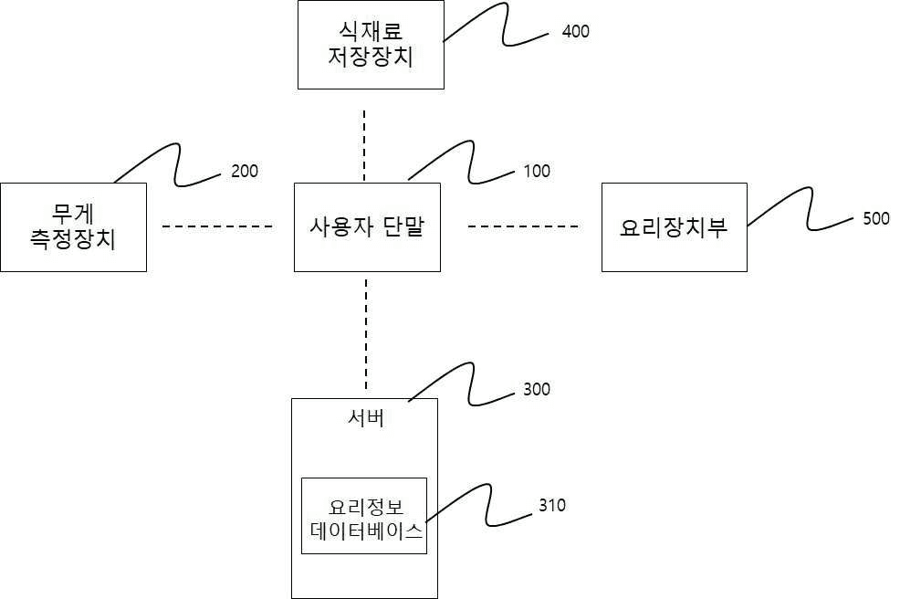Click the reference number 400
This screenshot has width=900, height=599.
[575, 32]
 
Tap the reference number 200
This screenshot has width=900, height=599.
[244, 171]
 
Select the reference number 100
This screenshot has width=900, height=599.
[537, 171]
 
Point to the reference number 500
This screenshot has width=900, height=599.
[875, 219]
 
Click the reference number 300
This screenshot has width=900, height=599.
[537, 390]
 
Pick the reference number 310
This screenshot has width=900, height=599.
[551, 505]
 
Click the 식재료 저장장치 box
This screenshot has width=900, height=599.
[371, 45]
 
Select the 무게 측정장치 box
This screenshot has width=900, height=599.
[73, 227]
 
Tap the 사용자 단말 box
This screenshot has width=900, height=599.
[367, 227]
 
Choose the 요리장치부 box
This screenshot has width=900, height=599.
[674, 227]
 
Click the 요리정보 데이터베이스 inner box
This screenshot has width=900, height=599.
[364, 516]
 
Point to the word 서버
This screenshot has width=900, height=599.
[365, 419]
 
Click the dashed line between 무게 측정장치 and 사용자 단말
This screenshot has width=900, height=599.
[218, 226]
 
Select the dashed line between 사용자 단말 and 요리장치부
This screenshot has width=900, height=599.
[523, 226]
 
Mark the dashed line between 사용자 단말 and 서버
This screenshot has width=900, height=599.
[366, 333]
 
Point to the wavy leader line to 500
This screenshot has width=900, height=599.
[803, 210]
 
